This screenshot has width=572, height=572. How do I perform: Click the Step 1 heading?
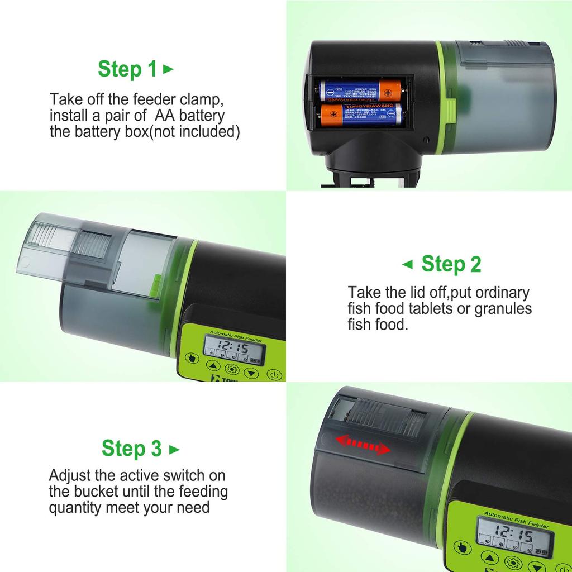point(127,69)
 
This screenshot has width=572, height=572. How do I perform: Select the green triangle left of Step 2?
point(408,264)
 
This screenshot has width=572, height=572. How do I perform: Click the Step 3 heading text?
point(132,448)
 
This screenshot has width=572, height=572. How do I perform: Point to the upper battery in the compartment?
point(357,89)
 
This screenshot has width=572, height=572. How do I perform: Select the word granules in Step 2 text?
point(503,308)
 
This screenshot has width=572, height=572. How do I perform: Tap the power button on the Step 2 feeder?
point(274,375)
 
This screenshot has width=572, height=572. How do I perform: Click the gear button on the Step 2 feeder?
point(231,369)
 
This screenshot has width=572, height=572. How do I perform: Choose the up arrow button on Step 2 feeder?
point(213,366)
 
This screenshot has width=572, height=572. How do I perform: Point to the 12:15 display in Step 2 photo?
point(234,348)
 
